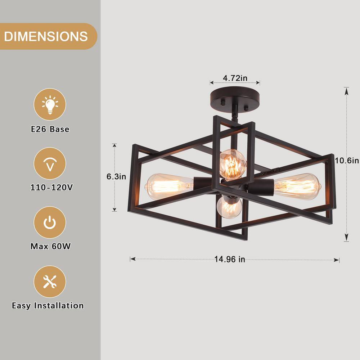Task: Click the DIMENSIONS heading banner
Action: coord(46,36)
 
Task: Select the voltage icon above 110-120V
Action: coord(50,164)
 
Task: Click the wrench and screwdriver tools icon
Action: coord(50,282)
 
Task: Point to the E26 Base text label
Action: coord(50,129)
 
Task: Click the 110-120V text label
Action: coord(50,188)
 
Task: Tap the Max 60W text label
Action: coord(50,247)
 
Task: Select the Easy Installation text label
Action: coord(48,306)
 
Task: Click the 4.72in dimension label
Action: coord(235,78)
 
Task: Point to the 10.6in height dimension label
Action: coord(347,161)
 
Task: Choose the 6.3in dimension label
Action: coord(116,176)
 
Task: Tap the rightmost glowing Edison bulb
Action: coord(297,186)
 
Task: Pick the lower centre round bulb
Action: coord(229,207)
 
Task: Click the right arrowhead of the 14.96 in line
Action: coord(337,259)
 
